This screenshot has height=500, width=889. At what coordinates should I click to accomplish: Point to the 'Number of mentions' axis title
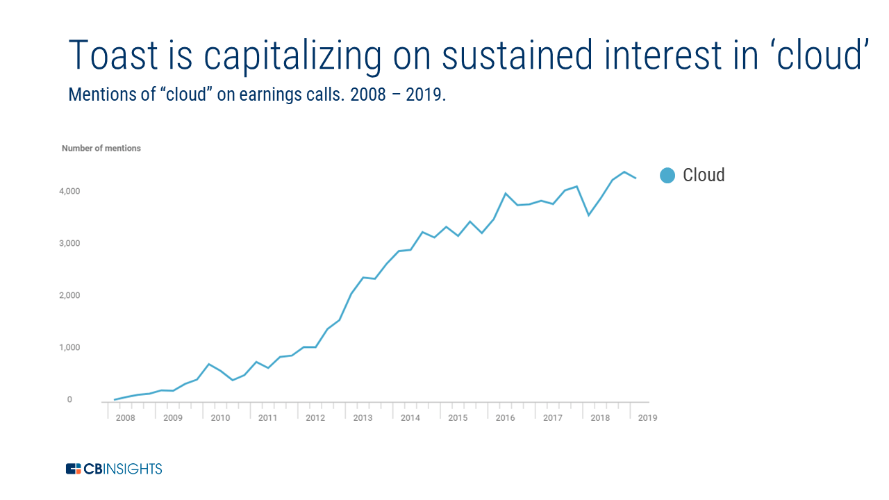click(x=101, y=148)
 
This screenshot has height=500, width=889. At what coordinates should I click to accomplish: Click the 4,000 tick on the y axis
click(x=69, y=191)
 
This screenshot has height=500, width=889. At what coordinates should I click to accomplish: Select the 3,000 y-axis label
click(x=69, y=243)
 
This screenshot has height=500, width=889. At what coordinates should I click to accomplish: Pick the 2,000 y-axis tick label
click(x=69, y=295)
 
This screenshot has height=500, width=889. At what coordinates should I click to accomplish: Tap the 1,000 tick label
click(x=69, y=347)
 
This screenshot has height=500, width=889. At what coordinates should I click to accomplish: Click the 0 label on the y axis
click(x=69, y=399)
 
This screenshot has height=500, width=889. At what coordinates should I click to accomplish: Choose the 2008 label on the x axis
click(x=126, y=418)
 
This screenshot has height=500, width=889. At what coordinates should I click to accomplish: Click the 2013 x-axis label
click(x=363, y=418)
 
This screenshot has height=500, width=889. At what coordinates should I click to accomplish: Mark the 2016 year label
click(x=505, y=418)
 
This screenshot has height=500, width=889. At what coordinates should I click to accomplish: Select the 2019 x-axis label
click(x=647, y=418)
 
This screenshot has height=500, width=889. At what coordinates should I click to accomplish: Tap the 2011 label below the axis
click(x=268, y=418)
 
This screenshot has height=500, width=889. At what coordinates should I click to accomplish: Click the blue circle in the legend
click(x=667, y=176)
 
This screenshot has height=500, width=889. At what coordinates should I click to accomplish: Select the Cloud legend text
click(x=704, y=175)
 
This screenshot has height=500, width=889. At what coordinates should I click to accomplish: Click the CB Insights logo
click(x=114, y=469)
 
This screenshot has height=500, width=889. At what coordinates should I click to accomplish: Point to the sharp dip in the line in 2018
click(x=589, y=215)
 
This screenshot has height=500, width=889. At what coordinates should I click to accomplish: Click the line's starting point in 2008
click(x=114, y=399)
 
